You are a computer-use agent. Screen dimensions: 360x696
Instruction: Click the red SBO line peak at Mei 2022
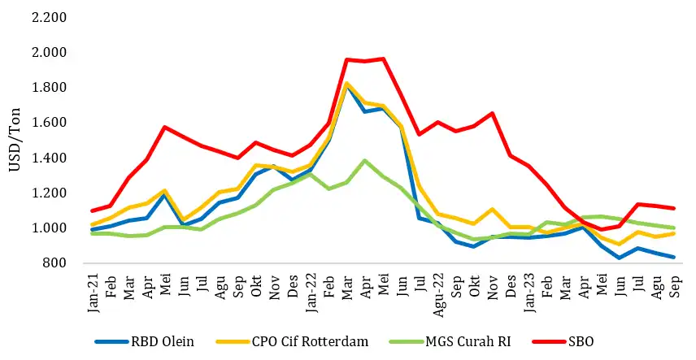tap(382, 59)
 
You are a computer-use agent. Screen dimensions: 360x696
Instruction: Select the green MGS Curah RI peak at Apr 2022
tap(364, 161)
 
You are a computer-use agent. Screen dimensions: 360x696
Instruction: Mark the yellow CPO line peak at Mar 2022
tap(346, 83)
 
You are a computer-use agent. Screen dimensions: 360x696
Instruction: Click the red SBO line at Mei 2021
tap(166, 127)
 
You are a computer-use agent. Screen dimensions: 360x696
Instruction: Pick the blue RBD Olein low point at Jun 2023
tap(620, 258)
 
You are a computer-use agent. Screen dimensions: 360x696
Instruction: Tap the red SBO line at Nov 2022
tap(491, 114)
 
